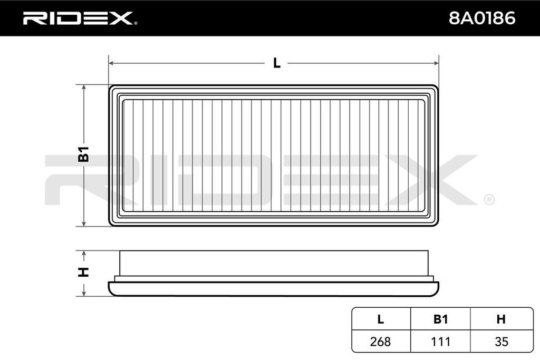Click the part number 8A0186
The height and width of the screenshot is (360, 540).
(x=482, y=18)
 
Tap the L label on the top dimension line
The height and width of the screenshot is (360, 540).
(x=276, y=63)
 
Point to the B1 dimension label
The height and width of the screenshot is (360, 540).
(x=84, y=154)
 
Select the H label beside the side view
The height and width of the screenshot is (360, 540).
(x=84, y=272)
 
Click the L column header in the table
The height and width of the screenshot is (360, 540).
(x=381, y=319)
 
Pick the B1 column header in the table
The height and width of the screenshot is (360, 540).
(x=440, y=319)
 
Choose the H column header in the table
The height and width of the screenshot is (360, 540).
(x=501, y=319)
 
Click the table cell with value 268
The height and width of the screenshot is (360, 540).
(x=381, y=342)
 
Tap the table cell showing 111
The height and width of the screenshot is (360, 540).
(x=440, y=342)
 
